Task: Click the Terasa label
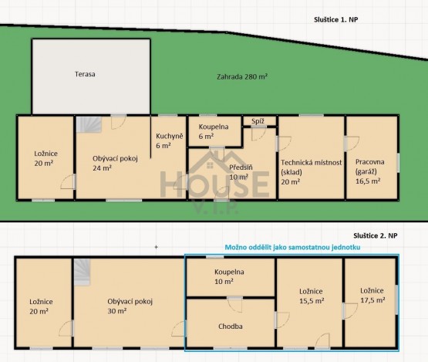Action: [85, 74]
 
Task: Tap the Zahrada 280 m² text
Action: [242, 76]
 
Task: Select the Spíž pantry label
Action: [258, 121]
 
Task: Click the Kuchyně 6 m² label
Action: [169, 140]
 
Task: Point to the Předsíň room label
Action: [241, 172]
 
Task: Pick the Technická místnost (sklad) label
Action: [312, 172]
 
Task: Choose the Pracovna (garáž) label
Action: [369, 171]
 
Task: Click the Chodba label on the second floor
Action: [231, 326]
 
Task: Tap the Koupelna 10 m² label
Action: [229, 276]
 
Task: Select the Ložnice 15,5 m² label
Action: [312, 296]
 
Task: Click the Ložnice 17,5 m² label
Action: [372, 296]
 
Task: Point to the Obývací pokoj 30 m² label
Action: [130, 306]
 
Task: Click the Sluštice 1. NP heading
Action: [335, 19]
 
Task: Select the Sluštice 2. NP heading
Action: [376, 235]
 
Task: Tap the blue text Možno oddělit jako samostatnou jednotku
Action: [292, 247]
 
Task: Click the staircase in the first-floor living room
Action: [89, 124]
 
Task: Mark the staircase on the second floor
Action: [83, 272]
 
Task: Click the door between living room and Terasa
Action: [118, 122]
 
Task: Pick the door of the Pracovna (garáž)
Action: [352, 144]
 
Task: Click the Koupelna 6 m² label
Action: [214, 131]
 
